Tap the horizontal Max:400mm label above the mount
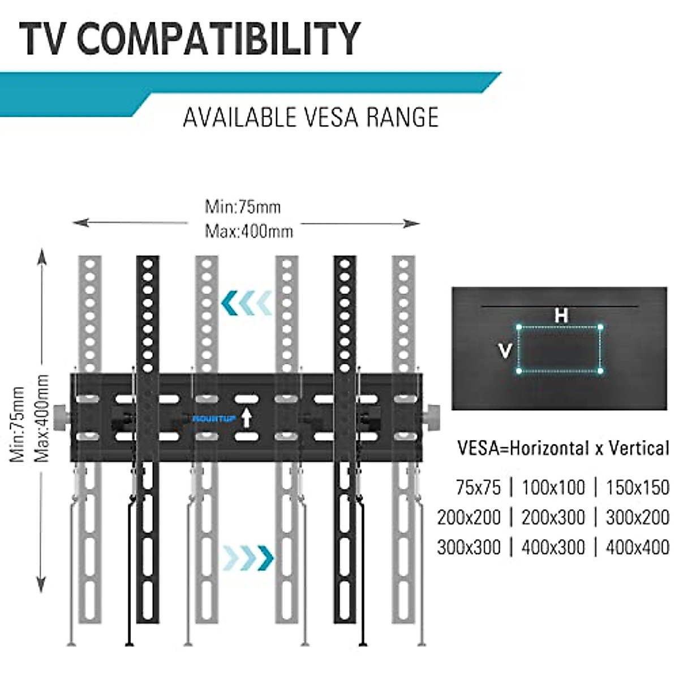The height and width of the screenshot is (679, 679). tap(249, 231)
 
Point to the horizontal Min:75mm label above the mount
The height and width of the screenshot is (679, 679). tap(243, 207)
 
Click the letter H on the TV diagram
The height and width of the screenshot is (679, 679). tap(561, 315)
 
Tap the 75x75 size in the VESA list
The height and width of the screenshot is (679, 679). tap(479, 487)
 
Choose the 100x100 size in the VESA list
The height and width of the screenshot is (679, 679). tap(553, 487)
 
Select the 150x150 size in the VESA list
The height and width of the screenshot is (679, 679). tap(637, 487)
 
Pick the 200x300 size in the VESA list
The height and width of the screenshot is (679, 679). tap(553, 517)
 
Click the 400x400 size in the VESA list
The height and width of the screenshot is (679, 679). tap(637, 547)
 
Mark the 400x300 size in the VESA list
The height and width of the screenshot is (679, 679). tap(553, 547)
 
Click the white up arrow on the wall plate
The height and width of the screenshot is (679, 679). tap(246, 418)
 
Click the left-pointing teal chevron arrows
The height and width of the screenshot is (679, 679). tap(247, 303)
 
